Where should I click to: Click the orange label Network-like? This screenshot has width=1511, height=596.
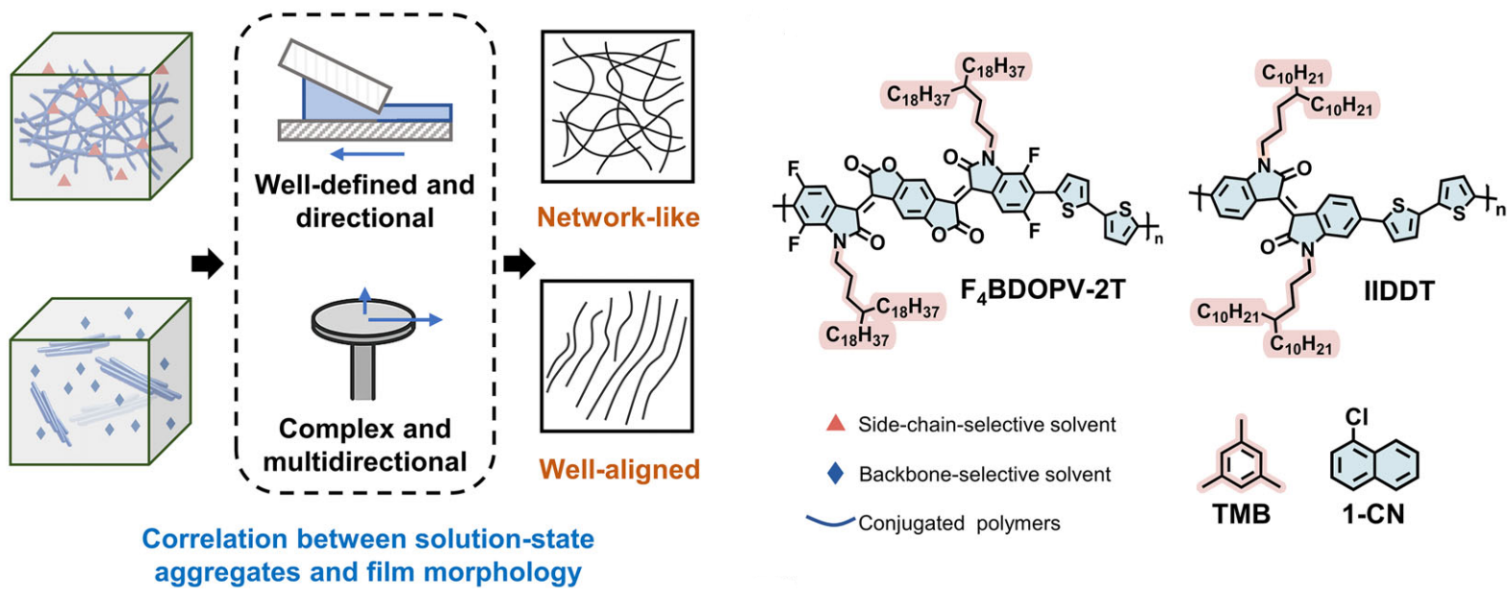617,217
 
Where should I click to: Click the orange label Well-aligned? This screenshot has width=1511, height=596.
619,469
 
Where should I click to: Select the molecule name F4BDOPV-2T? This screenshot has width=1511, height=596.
1043,290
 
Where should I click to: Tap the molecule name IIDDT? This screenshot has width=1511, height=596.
1398,290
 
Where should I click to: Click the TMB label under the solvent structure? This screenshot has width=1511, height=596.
1242,514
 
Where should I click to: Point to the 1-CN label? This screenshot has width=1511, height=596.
1373,514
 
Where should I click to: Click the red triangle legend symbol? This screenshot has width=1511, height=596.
836,423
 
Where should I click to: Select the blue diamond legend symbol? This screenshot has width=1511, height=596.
835,473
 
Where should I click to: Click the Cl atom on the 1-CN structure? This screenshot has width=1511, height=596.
1356,417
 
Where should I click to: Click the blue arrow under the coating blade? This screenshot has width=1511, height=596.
367,155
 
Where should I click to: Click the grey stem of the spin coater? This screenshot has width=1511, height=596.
363,369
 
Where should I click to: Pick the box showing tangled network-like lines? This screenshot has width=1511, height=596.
617,107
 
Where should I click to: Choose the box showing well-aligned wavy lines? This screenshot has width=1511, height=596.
617,356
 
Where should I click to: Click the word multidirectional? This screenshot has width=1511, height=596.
365,461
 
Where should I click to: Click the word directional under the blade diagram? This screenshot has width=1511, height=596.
365,218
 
